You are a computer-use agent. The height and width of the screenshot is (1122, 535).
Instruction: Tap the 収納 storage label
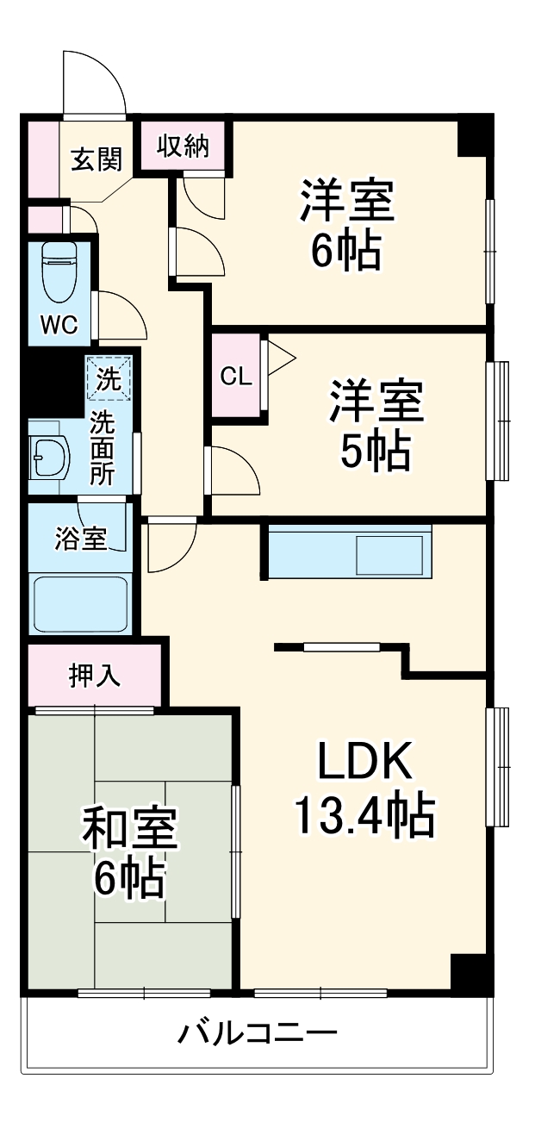(183, 146)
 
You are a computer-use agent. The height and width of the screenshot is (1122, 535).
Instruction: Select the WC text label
(59, 325)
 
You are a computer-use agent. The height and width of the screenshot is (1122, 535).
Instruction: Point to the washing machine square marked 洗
(108, 379)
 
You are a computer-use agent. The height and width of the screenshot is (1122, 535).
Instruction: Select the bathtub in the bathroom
(80, 604)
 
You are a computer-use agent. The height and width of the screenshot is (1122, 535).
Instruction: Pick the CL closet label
(235, 377)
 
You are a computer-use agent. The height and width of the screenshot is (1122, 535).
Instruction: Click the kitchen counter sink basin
(390, 555)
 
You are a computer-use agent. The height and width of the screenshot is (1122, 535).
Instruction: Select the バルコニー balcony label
(257, 1032)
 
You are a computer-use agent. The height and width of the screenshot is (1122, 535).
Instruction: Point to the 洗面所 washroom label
(103, 448)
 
